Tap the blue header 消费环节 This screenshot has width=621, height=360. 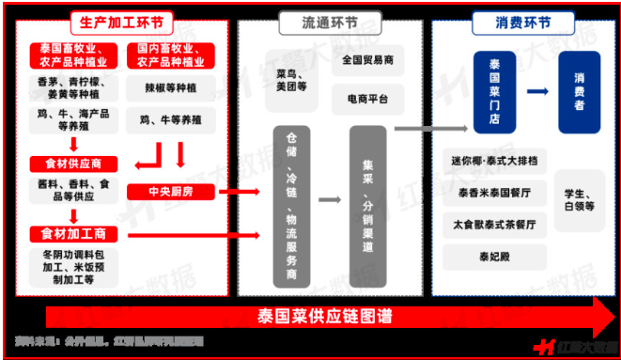point(522,22)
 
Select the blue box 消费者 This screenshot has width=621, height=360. point(579,91)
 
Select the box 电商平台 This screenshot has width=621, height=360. point(367,98)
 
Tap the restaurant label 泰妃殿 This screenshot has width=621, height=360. point(493,255)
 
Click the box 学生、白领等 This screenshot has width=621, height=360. point(579,199)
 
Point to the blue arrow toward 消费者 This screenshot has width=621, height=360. point(536,91)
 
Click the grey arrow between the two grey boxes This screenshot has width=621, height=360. point(329,199)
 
